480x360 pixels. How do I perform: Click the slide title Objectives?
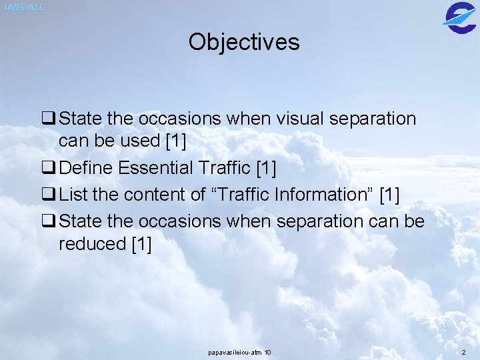(244, 42)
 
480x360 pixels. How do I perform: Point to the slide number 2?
(463, 352)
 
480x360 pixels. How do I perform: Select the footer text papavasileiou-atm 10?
(239, 352)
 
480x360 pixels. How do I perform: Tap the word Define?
(86, 168)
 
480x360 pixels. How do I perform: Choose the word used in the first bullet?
(139, 141)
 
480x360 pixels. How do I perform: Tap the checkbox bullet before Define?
(48, 169)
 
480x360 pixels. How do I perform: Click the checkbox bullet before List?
(48, 195)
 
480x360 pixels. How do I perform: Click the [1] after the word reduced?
(141, 244)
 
